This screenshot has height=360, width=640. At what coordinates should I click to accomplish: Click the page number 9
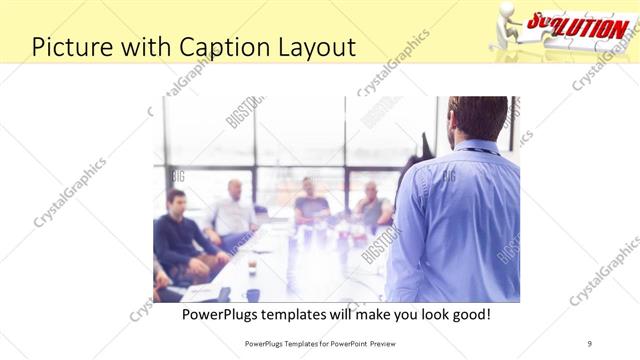tap(590, 343)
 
